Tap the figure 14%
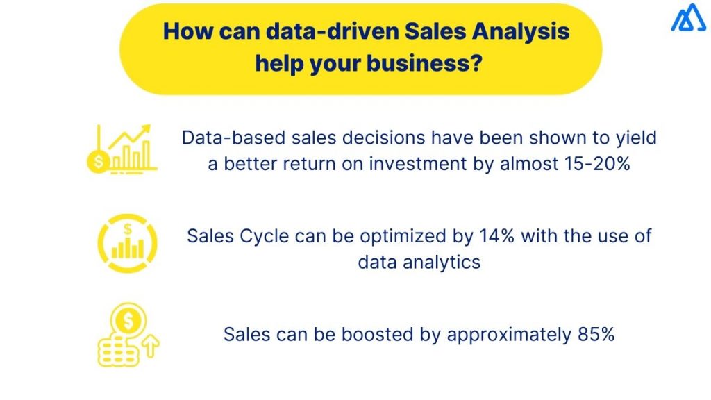tap(497, 235)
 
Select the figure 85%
tap(596, 334)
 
